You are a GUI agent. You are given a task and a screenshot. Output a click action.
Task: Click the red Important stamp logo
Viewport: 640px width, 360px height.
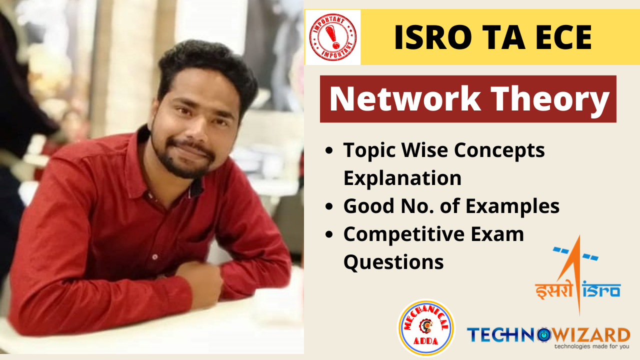point(333,37)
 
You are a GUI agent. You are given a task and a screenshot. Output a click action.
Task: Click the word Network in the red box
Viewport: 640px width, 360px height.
point(405,98)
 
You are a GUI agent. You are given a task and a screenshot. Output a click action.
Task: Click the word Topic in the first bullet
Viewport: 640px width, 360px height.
point(369,151)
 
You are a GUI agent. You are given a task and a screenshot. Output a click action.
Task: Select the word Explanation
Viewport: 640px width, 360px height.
point(402,178)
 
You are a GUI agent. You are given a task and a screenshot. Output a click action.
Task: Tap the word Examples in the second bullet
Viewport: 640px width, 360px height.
point(512,206)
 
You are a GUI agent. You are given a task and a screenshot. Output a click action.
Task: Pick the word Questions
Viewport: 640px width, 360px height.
point(393,262)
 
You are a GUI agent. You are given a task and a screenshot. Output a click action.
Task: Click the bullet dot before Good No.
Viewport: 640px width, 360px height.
point(329,206)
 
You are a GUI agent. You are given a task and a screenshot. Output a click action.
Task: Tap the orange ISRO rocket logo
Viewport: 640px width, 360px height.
point(577,275)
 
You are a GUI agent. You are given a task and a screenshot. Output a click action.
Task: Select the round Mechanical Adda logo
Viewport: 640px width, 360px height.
point(426,328)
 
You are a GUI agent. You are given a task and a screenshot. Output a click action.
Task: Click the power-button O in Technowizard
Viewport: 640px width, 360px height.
point(543,335)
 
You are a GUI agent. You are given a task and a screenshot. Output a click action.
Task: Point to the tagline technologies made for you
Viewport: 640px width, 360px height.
point(591,346)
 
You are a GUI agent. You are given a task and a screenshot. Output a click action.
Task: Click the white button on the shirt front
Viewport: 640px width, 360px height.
point(155,257)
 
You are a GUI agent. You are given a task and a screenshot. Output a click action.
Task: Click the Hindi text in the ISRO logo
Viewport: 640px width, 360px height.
point(554,290)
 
